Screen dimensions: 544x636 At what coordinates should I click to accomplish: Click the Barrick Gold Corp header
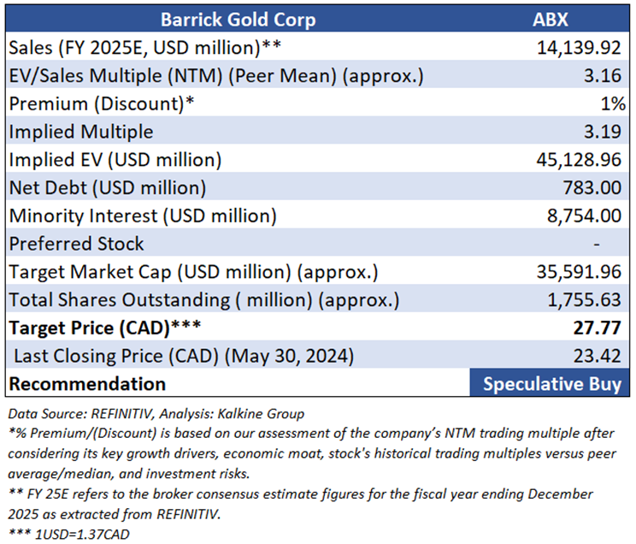(235, 19)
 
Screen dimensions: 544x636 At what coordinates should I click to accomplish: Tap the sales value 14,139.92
(579, 47)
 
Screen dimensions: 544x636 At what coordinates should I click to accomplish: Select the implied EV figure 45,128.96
(579, 160)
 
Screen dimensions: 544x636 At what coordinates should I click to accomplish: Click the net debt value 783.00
(593, 187)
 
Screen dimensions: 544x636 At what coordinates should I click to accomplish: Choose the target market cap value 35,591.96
(579, 272)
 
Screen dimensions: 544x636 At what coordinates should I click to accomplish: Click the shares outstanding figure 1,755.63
(583, 300)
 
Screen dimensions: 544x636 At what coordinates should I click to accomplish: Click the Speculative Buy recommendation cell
(552, 383)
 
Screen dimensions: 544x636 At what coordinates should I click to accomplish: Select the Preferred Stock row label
(77, 244)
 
